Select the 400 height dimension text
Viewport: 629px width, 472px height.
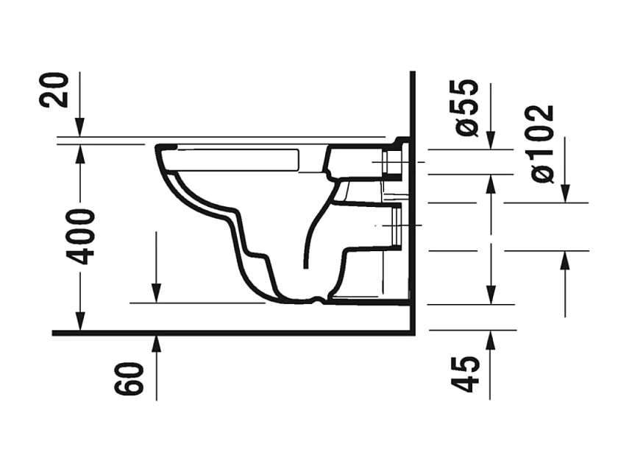80,236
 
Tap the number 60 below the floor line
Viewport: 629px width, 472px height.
129,376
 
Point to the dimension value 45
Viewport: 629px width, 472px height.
466,375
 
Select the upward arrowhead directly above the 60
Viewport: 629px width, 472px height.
157,342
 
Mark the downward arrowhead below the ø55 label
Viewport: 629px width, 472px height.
491,141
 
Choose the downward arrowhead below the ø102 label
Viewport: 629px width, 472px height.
564,194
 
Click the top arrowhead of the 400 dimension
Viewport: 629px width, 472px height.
80,152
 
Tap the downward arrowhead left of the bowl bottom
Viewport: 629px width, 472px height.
157,294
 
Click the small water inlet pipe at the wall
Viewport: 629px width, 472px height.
393,161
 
